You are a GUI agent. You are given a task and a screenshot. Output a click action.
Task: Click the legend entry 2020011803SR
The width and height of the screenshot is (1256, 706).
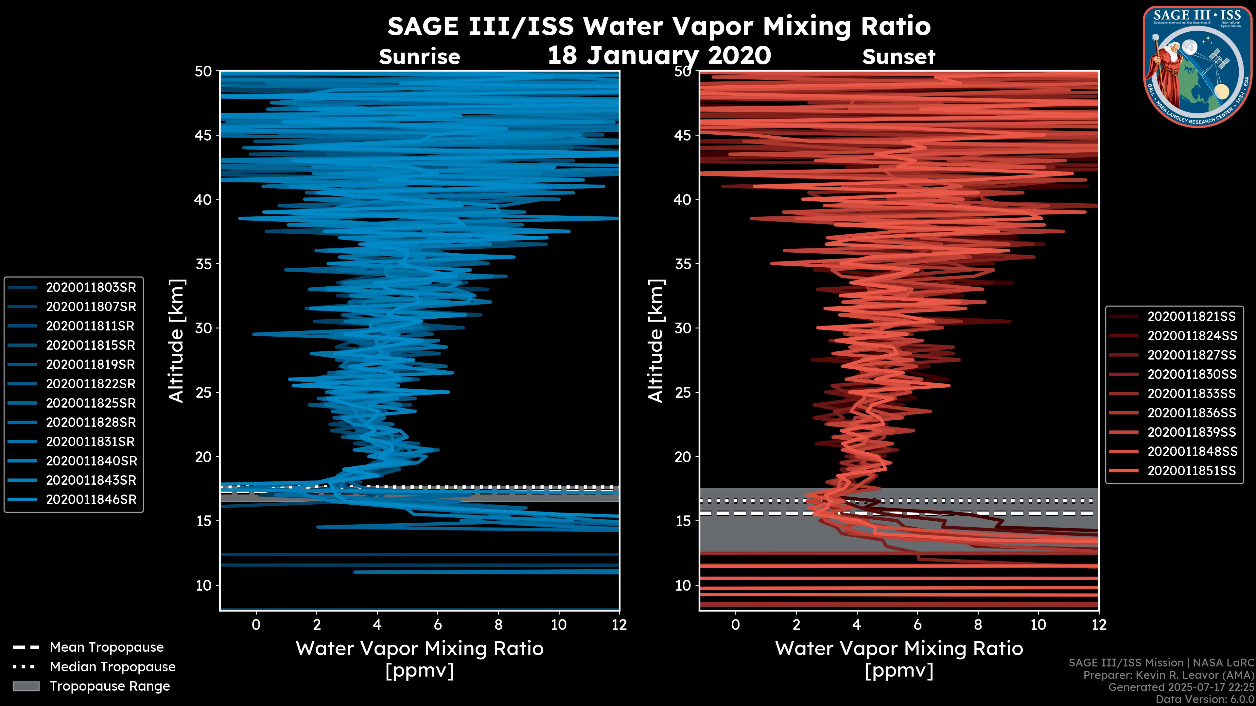91,288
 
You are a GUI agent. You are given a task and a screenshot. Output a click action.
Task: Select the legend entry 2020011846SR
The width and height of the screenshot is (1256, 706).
91,499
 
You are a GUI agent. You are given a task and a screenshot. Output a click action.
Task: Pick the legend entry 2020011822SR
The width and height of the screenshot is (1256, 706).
91,384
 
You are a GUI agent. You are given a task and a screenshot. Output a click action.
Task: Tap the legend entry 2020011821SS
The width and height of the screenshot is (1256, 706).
1192,317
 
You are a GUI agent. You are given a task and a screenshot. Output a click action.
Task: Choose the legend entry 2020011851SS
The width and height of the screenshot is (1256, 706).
1192,471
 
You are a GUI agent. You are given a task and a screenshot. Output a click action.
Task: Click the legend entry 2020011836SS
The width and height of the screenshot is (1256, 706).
1192,413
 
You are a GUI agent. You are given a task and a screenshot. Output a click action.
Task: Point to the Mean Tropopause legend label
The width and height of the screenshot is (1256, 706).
106,647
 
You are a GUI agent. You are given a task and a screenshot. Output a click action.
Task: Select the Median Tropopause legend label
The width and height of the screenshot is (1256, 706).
112,667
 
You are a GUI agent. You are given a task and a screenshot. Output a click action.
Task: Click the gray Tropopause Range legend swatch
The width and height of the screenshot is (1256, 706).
26,686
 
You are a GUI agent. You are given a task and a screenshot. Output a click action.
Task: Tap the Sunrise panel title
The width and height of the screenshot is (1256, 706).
419,57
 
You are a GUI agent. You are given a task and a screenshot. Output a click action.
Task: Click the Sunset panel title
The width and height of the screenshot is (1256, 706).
898,57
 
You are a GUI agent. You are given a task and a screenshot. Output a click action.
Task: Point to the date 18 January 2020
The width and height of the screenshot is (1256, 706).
659,56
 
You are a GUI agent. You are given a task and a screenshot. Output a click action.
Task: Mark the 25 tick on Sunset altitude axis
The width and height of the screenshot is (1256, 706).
683,393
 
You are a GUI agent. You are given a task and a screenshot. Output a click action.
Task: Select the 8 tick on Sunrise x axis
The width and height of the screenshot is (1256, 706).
498,625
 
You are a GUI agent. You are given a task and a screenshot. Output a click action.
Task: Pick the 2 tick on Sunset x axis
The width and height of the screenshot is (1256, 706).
796,625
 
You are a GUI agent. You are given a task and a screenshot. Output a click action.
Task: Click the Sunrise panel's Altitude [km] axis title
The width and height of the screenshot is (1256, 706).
177,341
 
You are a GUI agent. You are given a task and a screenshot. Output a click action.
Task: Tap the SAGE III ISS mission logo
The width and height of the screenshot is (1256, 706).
1197,66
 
